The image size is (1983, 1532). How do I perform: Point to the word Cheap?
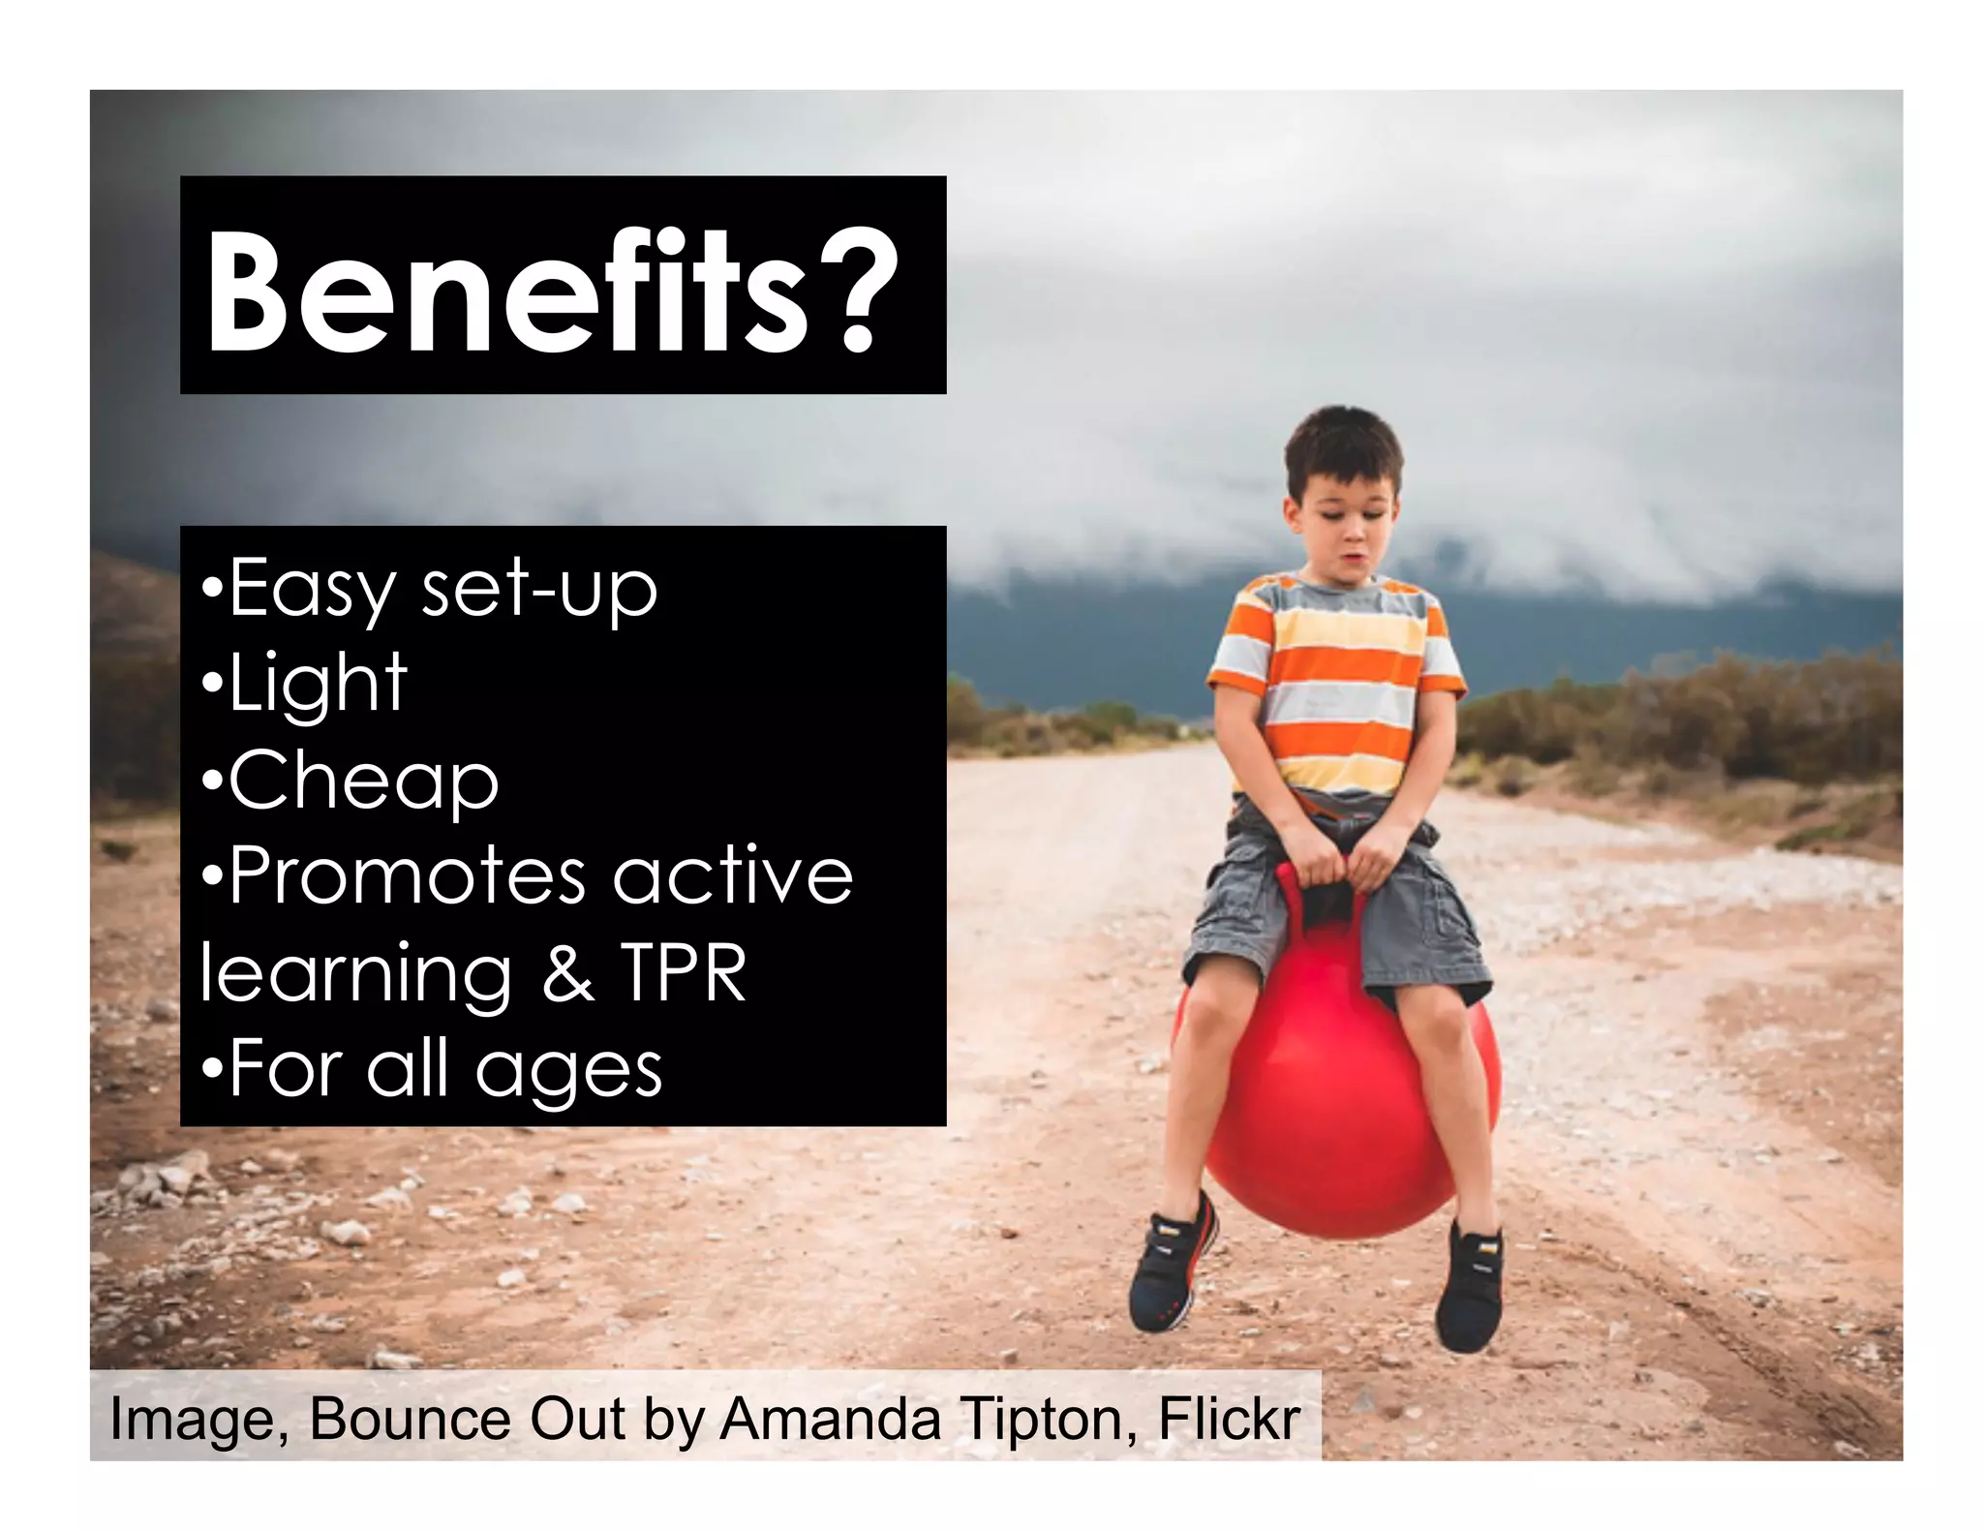(x=363, y=781)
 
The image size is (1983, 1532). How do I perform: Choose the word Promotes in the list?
(x=407, y=875)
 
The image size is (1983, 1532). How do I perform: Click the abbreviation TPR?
(x=683, y=972)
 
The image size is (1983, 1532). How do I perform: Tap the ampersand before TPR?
(x=568, y=972)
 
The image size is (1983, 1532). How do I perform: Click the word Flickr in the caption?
(x=1229, y=1419)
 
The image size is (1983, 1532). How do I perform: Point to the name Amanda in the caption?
(x=830, y=1419)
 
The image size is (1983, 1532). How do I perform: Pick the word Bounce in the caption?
(x=410, y=1419)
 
